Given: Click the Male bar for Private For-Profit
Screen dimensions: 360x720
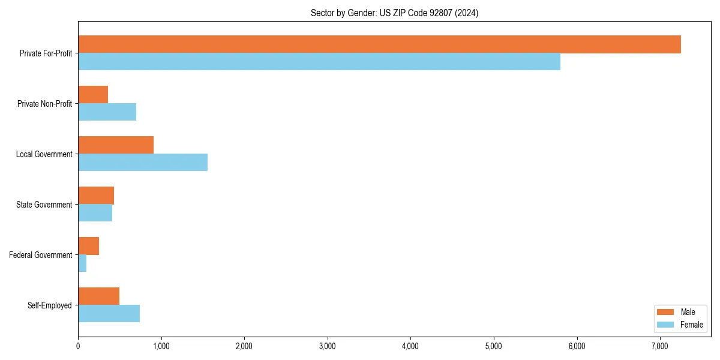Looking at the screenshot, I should coord(379,44).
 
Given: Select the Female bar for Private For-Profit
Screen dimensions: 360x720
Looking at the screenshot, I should coord(319,62).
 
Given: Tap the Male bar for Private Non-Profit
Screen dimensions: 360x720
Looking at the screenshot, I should coord(93,95).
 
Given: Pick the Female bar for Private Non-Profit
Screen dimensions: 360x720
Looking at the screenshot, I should coord(107,112).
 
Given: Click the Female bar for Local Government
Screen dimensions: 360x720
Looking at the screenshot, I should coord(143,163).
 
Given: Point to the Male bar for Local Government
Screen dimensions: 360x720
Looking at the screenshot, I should coord(116,145).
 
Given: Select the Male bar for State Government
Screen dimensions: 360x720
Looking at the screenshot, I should coord(96,196).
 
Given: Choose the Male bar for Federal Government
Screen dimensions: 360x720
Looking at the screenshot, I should coord(88,246).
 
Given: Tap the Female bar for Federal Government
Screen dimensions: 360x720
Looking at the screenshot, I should coord(82,263).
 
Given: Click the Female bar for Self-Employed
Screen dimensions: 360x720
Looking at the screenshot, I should coord(109,314).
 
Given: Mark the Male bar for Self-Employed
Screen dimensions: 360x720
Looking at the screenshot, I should coord(98,296).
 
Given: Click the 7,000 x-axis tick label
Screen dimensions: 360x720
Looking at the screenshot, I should coord(659,346).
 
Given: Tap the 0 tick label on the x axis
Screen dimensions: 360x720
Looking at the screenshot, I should coord(78,346).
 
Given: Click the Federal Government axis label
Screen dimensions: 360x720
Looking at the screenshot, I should coord(41,255).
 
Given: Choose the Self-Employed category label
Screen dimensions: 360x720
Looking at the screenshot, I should coord(50,305).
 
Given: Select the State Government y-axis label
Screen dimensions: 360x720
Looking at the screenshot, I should coord(44,205).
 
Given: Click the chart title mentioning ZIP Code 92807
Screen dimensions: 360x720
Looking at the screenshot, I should coord(394,13).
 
